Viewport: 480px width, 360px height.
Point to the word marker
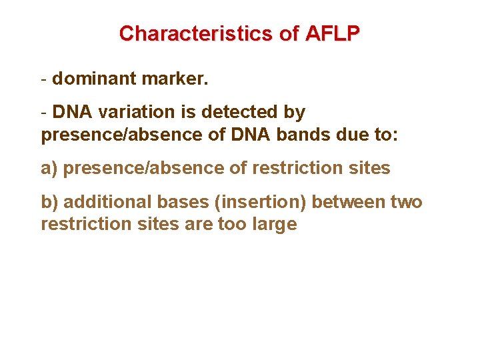pos(175,79)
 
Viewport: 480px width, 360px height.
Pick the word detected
pos(239,112)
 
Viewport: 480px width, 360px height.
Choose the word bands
pos(309,135)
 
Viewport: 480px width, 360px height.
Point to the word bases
pos(180,201)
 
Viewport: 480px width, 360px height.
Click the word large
pos(274,224)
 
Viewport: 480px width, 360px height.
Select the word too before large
pos(231,224)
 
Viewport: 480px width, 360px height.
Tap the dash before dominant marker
pos(44,79)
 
